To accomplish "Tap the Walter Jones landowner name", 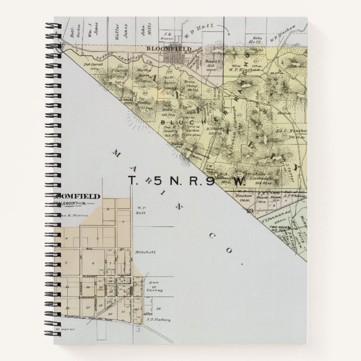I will coord(126,29).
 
